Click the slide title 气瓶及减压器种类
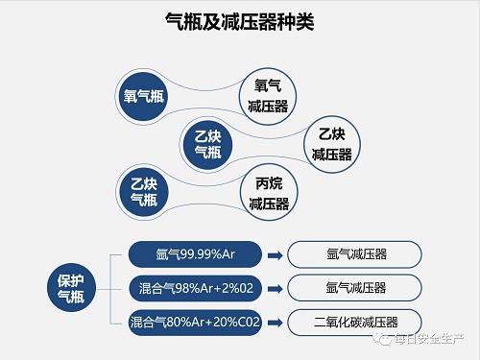click(240, 21)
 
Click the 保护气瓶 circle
click(71, 288)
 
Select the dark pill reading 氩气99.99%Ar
click(194, 254)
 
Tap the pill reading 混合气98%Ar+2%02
click(194, 287)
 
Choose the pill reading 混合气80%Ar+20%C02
click(194, 320)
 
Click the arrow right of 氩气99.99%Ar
click(274, 255)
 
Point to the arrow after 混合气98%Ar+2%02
click(274, 288)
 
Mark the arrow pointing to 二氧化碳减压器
click(274, 321)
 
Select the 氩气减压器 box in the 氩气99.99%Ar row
click(356, 254)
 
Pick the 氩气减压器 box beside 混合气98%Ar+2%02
click(356, 287)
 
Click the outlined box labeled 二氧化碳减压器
click(356, 321)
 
